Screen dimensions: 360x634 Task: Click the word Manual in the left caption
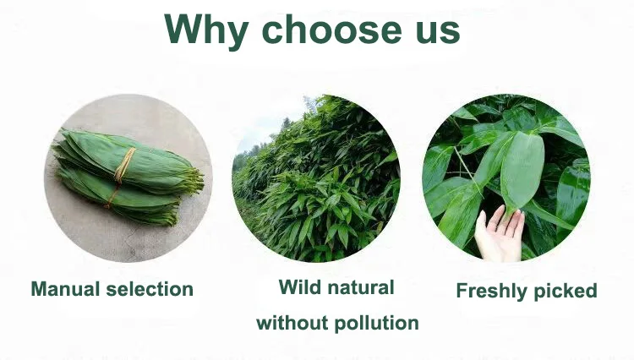(65, 289)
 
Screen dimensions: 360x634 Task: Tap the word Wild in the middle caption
(298, 287)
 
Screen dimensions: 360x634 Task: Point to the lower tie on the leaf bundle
(111, 198)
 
